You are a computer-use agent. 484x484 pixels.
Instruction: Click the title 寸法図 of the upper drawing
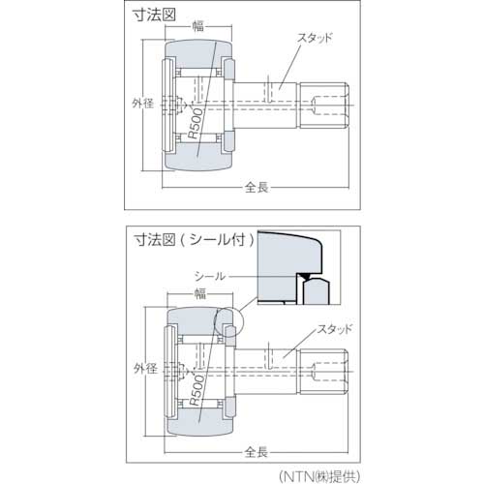154,15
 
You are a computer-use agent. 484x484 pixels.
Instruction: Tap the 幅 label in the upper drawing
198,26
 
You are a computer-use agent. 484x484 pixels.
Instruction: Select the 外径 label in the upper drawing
142,104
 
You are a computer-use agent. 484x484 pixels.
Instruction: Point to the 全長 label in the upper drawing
257,187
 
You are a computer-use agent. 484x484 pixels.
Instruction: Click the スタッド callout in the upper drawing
315,38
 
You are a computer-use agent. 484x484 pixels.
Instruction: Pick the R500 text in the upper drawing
196,124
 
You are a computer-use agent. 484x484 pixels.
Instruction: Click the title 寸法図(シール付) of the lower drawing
194,239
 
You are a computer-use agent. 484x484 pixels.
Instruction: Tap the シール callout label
209,276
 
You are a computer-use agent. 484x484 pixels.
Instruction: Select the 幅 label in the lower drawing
200,293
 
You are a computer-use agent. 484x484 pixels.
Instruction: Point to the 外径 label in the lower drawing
145,369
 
